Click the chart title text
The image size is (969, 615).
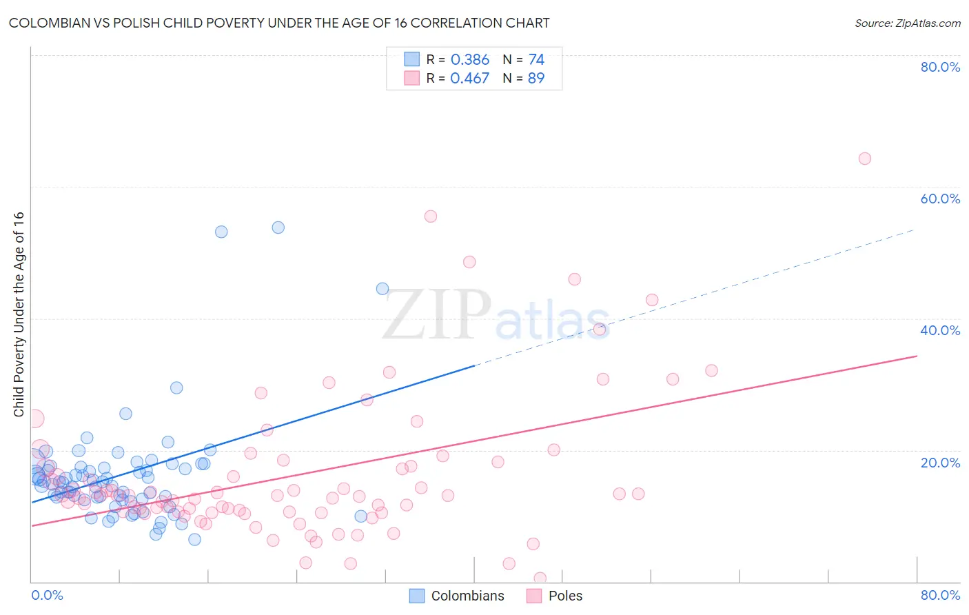[279, 23]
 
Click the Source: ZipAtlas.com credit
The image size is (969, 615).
[907, 23]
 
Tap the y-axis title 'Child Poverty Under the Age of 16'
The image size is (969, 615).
[19, 314]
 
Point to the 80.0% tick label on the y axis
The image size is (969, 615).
[940, 67]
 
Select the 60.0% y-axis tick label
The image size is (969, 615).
[940, 199]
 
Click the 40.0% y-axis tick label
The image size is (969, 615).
[940, 330]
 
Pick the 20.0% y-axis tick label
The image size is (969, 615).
[940, 463]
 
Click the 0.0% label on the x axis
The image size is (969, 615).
[47, 595]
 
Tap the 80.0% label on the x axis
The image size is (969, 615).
[940, 595]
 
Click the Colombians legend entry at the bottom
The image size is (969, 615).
[457, 596]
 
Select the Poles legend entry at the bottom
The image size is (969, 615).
[555, 596]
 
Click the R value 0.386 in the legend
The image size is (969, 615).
[469, 60]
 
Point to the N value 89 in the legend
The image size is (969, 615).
[535, 79]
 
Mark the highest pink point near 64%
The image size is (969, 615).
[864, 159]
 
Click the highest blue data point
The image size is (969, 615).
[278, 228]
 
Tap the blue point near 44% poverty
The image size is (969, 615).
[382, 289]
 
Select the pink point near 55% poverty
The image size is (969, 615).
[431, 216]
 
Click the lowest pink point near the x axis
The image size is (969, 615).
[540, 578]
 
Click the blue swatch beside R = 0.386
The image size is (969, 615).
[411, 59]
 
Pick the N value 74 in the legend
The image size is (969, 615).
[535, 60]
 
